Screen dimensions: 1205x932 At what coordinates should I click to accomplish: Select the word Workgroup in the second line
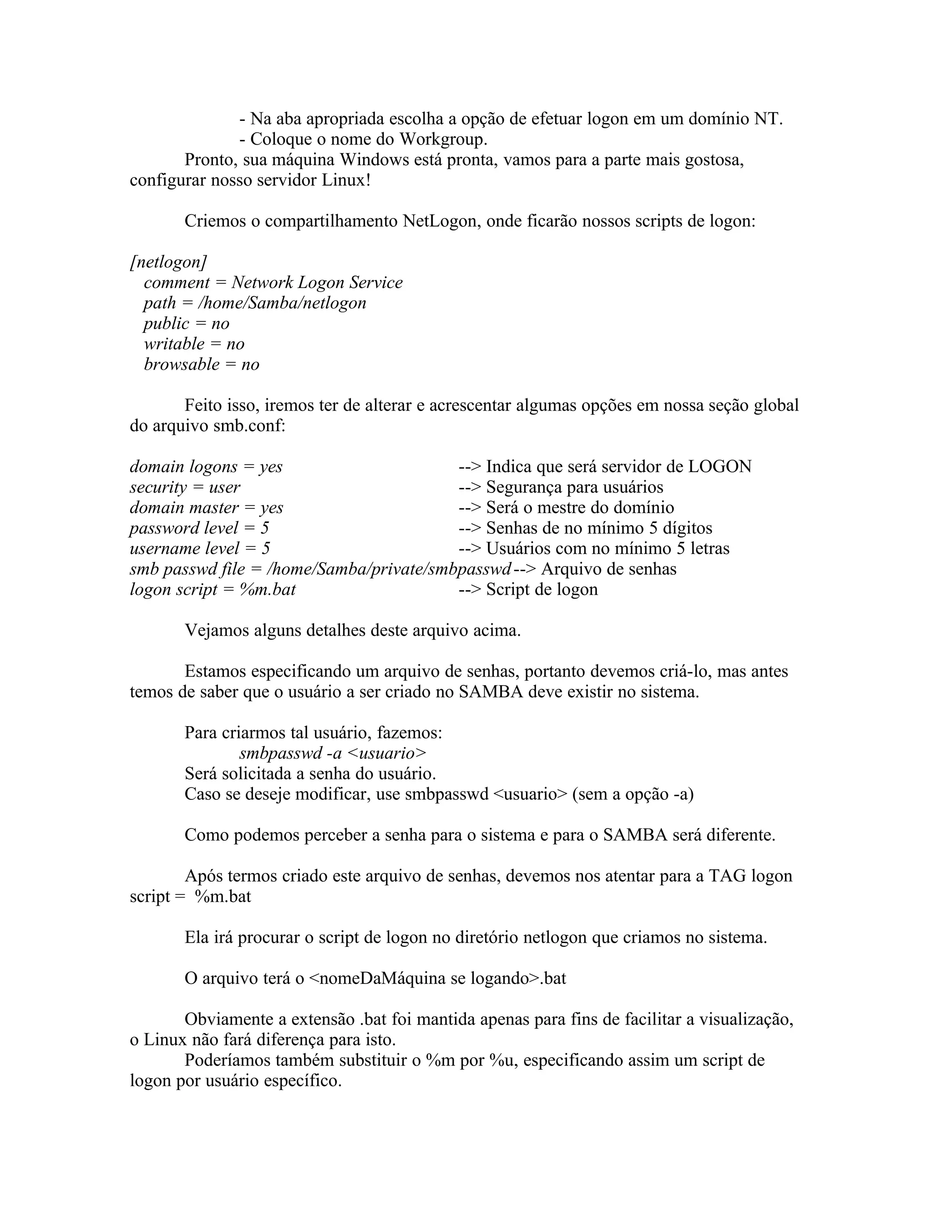(443, 139)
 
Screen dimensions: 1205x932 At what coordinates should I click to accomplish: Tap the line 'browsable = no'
(202, 364)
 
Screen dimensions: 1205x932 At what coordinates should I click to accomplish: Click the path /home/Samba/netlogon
(282, 303)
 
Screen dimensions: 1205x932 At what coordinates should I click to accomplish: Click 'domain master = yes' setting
(207, 507)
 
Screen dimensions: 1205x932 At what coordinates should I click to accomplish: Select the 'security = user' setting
(185, 487)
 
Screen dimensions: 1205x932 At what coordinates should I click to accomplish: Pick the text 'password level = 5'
(199, 528)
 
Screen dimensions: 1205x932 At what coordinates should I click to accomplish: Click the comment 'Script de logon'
(542, 589)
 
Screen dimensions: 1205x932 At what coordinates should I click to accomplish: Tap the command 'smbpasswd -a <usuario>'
(332, 753)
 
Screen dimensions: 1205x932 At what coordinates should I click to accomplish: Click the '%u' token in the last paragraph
(503, 1060)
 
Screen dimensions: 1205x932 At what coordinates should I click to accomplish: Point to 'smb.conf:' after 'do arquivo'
(249, 426)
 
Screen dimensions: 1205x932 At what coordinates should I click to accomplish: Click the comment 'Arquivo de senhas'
(608, 569)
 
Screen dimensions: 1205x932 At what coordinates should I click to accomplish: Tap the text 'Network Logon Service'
(317, 282)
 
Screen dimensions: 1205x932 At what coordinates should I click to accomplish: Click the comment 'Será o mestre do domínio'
(580, 507)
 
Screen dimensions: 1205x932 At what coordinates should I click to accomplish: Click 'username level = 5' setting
(200, 548)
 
